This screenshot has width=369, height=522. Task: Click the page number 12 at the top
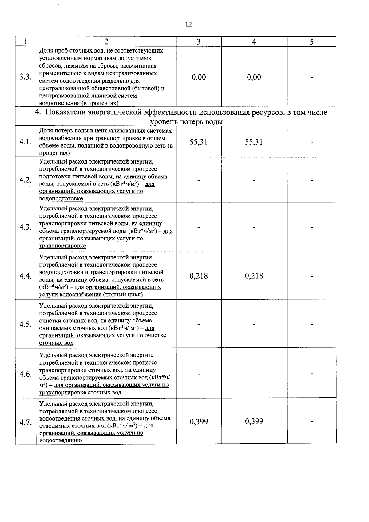tap(188, 24)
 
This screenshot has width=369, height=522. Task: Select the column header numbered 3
tap(199, 42)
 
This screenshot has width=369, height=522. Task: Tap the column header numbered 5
tap(311, 42)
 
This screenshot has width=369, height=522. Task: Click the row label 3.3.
tap(26, 77)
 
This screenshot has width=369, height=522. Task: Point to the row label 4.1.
tap(26, 142)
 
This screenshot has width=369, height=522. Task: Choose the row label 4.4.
tap(26, 276)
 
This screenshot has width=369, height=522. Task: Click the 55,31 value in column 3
tap(199, 142)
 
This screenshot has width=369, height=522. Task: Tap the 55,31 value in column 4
tap(254, 142)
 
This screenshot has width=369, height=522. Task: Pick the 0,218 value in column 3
tap(199, 276)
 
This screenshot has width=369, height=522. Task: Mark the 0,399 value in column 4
tap(254, 421)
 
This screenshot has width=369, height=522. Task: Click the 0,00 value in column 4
tap(254, 77)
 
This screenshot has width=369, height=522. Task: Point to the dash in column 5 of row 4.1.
tap(311, 143)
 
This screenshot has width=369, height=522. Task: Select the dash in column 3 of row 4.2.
tap(199, 181)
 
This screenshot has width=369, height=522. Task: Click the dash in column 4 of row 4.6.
tap(254, 374)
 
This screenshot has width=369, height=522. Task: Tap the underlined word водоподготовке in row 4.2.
tap(61, 199)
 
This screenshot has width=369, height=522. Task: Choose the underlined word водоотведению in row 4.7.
tap(61, 440)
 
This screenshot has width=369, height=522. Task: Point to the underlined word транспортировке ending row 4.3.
tap(62, 246)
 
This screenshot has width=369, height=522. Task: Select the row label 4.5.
tap(26, 324)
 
